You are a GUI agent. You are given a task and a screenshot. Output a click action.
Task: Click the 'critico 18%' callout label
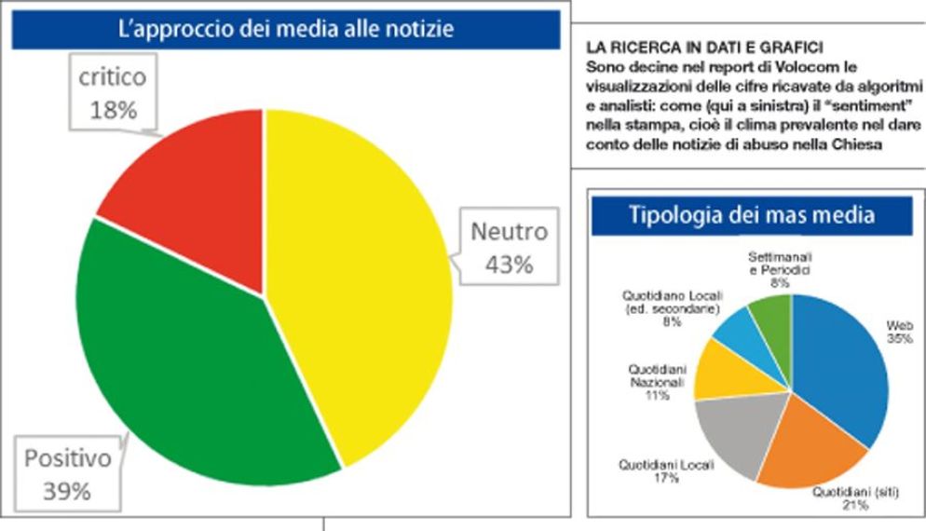[113, 94]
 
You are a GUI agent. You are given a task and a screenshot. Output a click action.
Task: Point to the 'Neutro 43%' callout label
[509, 247]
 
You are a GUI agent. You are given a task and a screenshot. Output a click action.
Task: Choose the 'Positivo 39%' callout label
[67, 474]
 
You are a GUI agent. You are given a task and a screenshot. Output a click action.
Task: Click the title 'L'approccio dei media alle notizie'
[286, 29]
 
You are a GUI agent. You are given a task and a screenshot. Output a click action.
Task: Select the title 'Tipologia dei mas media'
[751, 215]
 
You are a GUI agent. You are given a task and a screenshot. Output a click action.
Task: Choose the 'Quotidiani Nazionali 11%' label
[657, 382]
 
